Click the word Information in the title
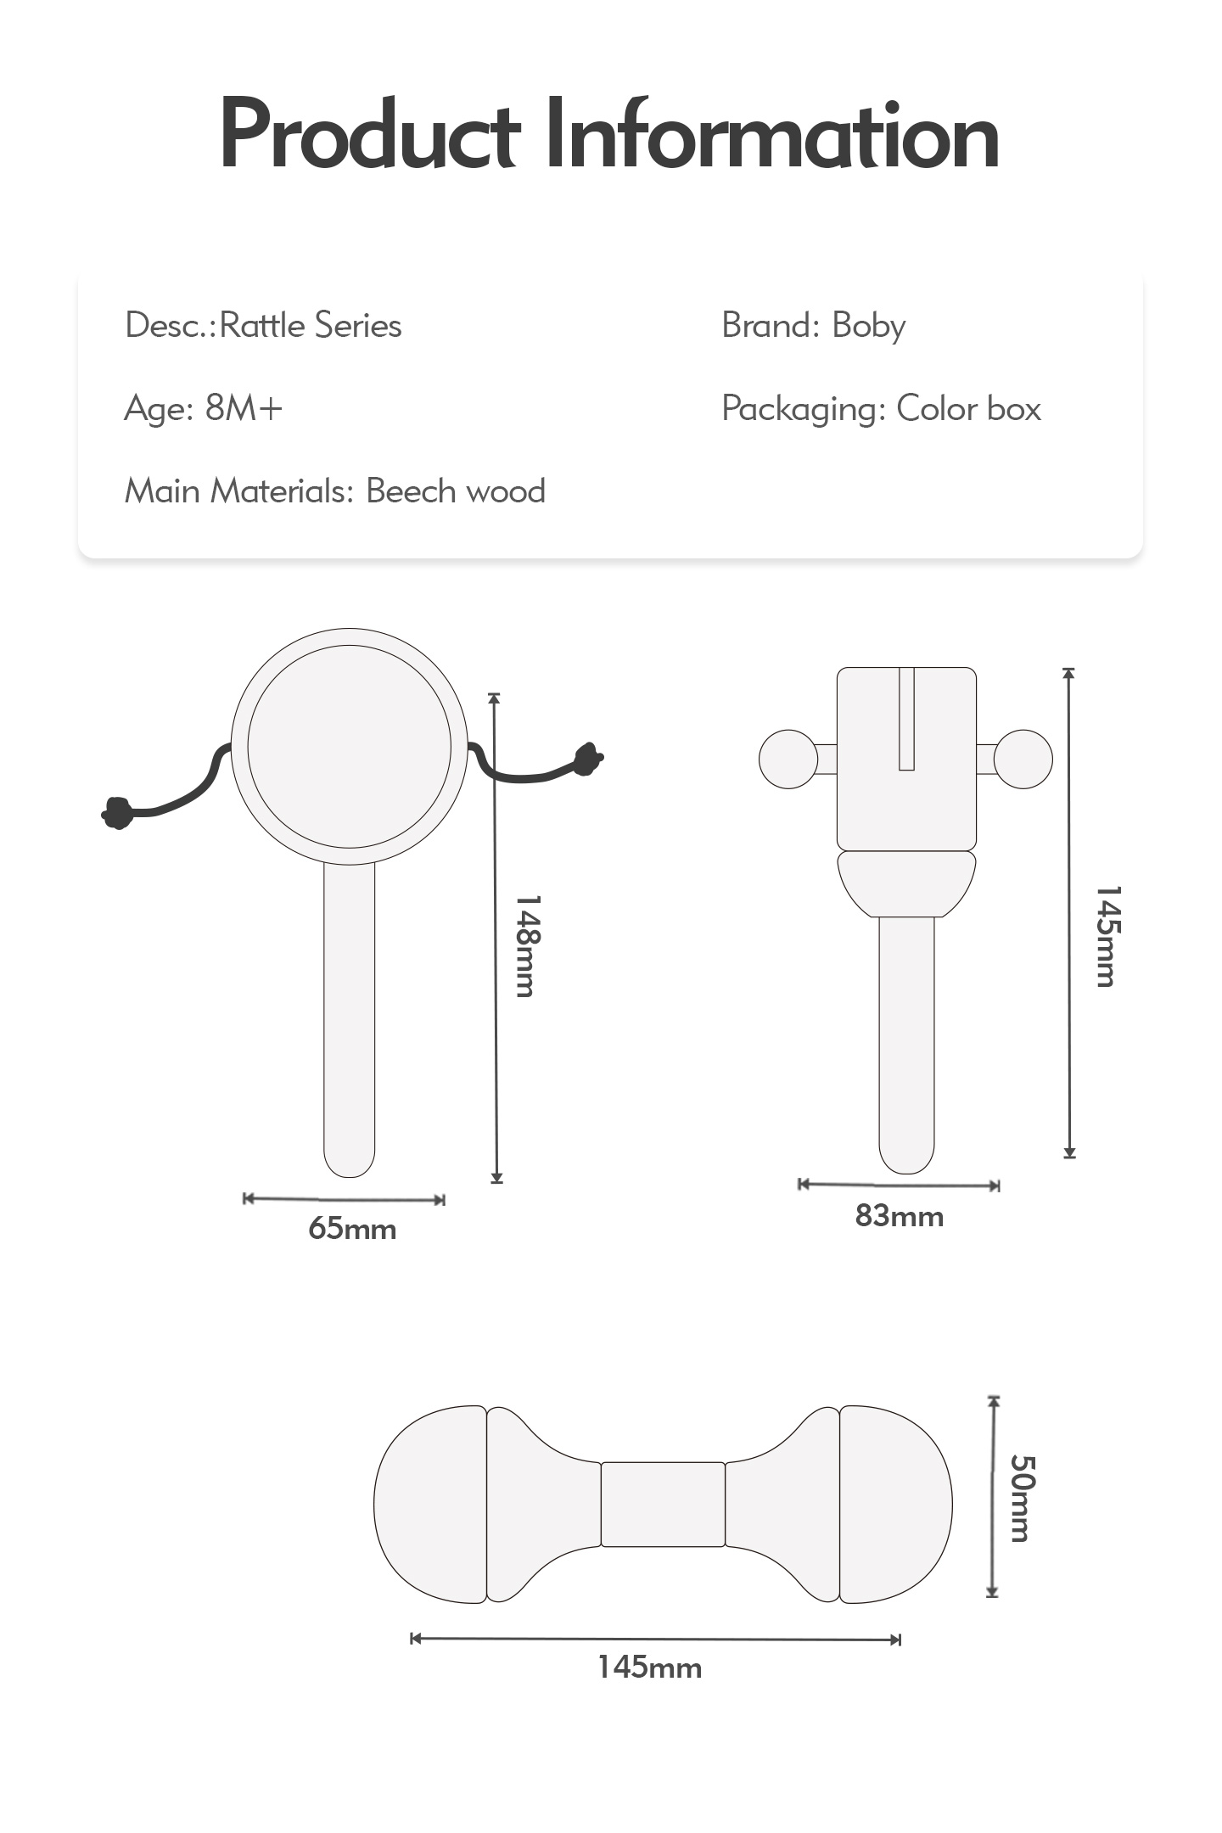[x=771, y=134]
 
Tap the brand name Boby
[x=868, y=327]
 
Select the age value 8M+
[x=244, y=408]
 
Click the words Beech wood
[x=456, y=490]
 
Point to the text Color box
[x=968, y=408]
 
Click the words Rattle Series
[x=311, y=325]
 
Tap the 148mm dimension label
[x=526, y=945]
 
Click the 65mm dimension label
[x=352, y=1228]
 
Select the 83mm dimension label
[x=900, y=1216]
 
